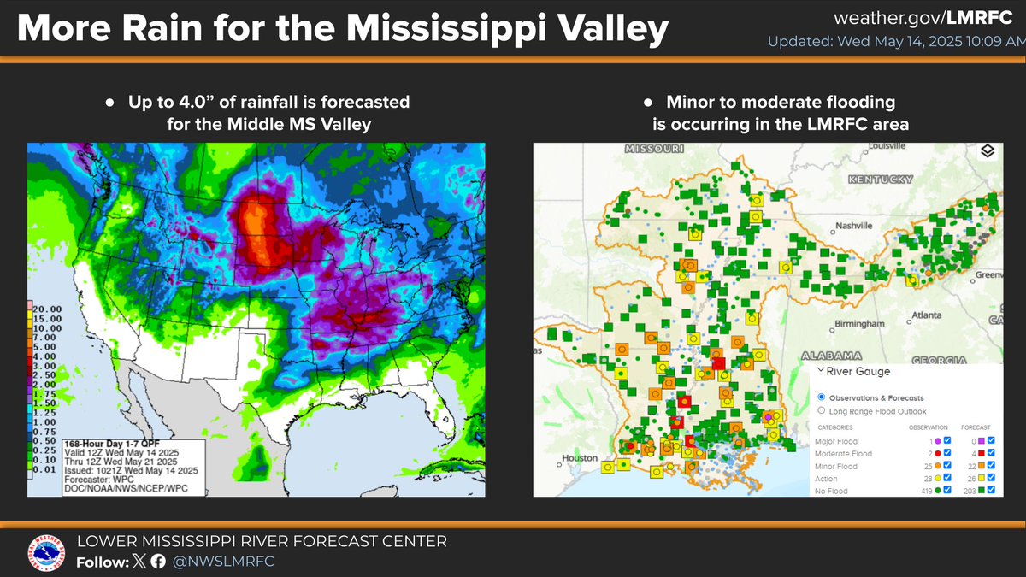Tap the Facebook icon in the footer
pos(157,562)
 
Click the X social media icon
pos(139,562)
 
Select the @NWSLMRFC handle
pos(225,562)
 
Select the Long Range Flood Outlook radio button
pos(822,411)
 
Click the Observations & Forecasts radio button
pos(822,397)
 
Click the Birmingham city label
pos(858,324)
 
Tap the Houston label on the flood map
pos(581,457)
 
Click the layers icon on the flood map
pos(987,151)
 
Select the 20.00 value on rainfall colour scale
pos(46,308)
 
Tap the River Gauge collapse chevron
pos(821,371)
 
